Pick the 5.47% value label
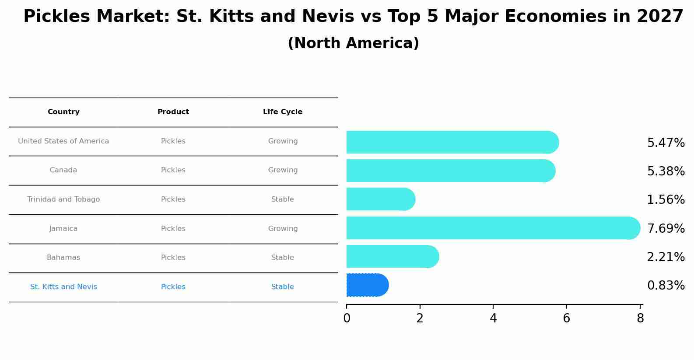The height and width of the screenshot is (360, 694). (666, 143)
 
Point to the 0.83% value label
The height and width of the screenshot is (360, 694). (666, 286)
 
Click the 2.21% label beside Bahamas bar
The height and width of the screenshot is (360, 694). (666, 257)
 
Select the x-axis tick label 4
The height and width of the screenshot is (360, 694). (493, 318)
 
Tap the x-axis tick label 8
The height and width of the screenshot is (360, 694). (640, 318)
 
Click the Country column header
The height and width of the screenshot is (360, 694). (63, 112)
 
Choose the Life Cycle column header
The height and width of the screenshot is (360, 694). (283, 112)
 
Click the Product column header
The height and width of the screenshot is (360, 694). (173, 112)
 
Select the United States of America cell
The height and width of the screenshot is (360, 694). (63, 141)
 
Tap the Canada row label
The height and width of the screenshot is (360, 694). (63, 170)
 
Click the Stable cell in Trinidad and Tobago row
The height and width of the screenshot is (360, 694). (283, 199)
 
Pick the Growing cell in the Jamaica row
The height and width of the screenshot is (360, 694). (283, 229)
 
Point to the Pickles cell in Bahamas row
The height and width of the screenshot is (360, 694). (173, 258)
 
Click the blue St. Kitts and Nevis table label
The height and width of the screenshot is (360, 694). (63, 287)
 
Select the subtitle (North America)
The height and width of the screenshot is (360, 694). (353, 43)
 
